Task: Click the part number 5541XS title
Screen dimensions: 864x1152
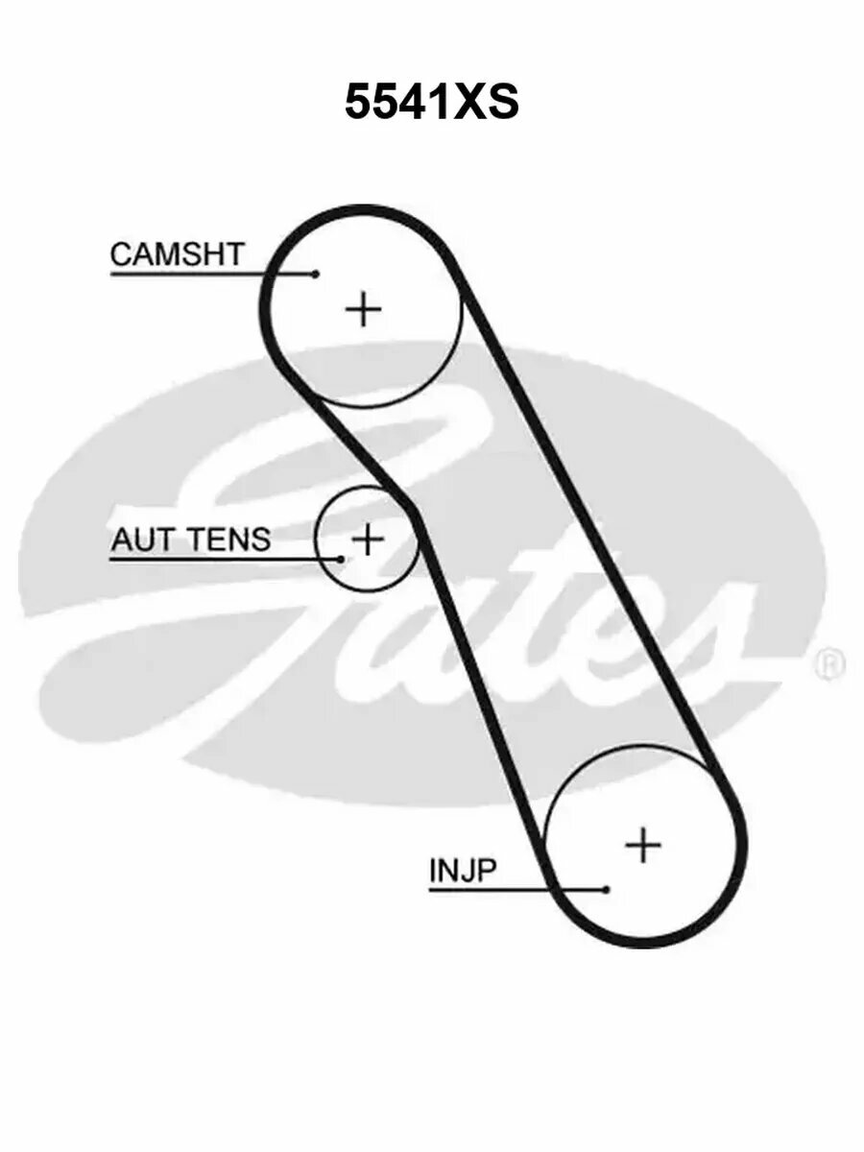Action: point(431,102)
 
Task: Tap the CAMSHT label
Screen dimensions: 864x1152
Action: point(178,254)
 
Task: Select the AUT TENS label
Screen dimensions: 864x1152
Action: point(191,539)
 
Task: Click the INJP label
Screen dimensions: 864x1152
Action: point(462,870)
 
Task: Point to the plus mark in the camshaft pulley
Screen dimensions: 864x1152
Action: point(364,308)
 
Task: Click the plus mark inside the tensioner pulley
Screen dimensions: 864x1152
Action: point(368,539)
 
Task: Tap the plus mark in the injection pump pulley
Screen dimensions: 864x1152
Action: point(643,845)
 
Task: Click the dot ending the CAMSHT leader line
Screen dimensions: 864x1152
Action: point(315,274)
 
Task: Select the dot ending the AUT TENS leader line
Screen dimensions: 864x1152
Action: point(342,560)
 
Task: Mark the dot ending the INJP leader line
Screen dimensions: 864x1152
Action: point(607,890)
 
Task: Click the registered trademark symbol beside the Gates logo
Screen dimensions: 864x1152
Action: point(830,664)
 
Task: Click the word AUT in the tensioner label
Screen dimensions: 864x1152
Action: point(138,539)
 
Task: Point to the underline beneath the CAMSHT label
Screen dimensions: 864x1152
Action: point(212,274)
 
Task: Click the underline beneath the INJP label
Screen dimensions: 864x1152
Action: point(517,890)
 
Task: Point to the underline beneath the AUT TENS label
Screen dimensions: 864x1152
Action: point(226,560)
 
